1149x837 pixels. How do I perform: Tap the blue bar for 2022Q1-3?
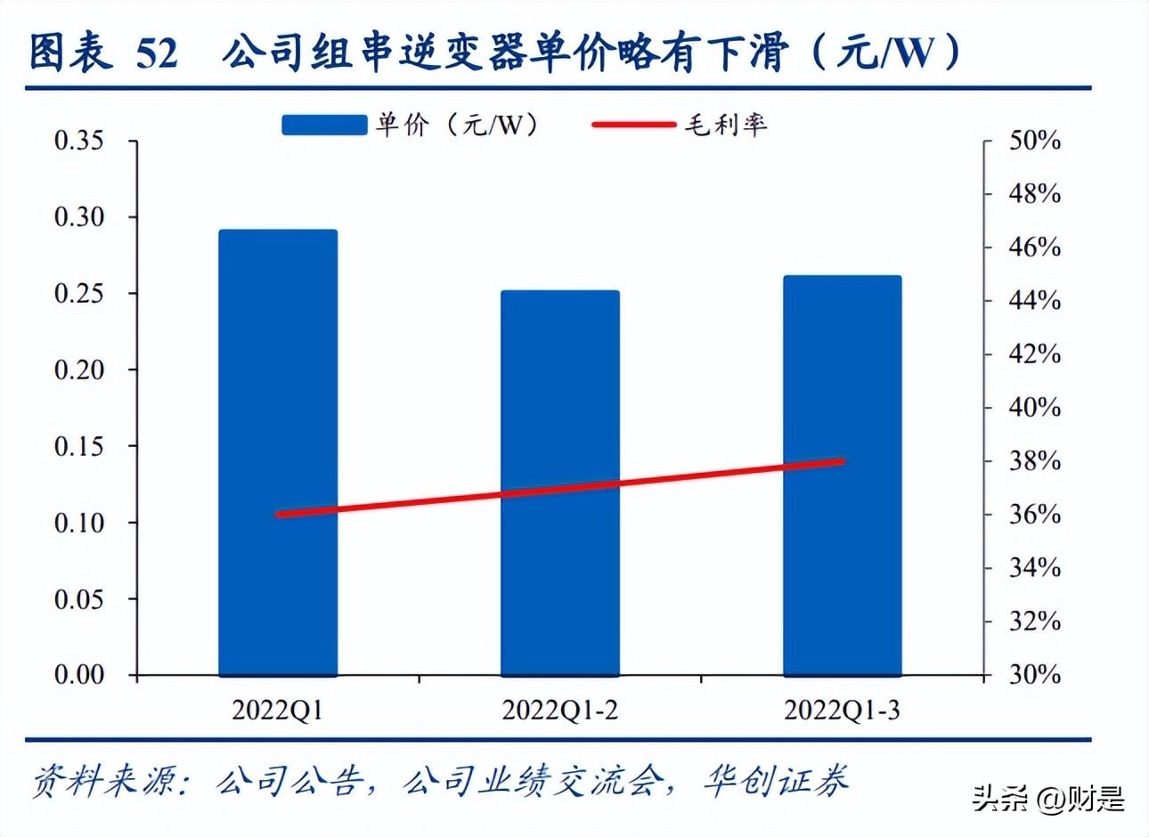pos(842,475)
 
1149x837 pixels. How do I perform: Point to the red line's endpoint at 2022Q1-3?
pos(842,461)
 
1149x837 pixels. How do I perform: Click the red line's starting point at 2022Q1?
pos(279,515)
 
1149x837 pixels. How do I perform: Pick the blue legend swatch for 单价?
pos(324,125)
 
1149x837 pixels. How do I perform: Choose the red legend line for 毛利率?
pos(634,125)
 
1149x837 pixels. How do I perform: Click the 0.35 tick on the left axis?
pos(78,141)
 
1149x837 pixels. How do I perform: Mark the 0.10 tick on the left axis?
pos(78,523)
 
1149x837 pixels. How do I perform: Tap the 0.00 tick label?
pos(78,675)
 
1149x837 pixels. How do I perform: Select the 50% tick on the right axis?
pos(1034,141)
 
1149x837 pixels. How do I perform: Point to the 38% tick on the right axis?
pos(1034,461)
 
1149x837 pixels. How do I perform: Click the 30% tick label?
pos(1034,675)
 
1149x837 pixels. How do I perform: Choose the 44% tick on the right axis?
pos(1034,301)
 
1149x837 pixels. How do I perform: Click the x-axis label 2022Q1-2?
pos(559,711)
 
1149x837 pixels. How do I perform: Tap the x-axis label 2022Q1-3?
pos(842,711)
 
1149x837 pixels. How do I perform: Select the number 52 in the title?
pos(157,53)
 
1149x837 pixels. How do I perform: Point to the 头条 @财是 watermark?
pos(1047,798)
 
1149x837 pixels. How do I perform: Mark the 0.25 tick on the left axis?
pos(78,293)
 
